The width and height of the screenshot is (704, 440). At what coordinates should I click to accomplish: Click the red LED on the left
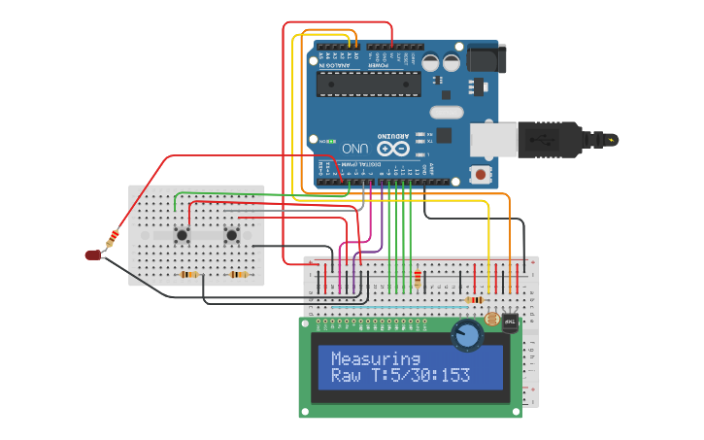click(93, 254)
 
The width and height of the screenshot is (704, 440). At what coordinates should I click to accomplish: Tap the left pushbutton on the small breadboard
click(182, 234)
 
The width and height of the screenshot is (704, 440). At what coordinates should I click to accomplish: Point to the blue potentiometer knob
click(467, 335)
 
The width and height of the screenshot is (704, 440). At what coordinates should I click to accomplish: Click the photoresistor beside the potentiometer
click(492, 319)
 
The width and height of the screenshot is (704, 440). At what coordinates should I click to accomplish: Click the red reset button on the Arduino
click(480, 175)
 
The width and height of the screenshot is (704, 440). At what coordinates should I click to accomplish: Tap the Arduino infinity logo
click(392, 149)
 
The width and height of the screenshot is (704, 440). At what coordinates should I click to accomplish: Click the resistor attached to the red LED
click(113, 236)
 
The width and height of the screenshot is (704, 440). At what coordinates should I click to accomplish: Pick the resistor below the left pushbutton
click(189, 275)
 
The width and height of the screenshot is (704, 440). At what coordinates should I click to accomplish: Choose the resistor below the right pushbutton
click(238, 275)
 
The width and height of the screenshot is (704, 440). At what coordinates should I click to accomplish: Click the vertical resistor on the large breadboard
click(418, 279)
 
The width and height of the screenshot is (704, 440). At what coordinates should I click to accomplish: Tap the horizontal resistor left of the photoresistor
click(475, 300)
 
